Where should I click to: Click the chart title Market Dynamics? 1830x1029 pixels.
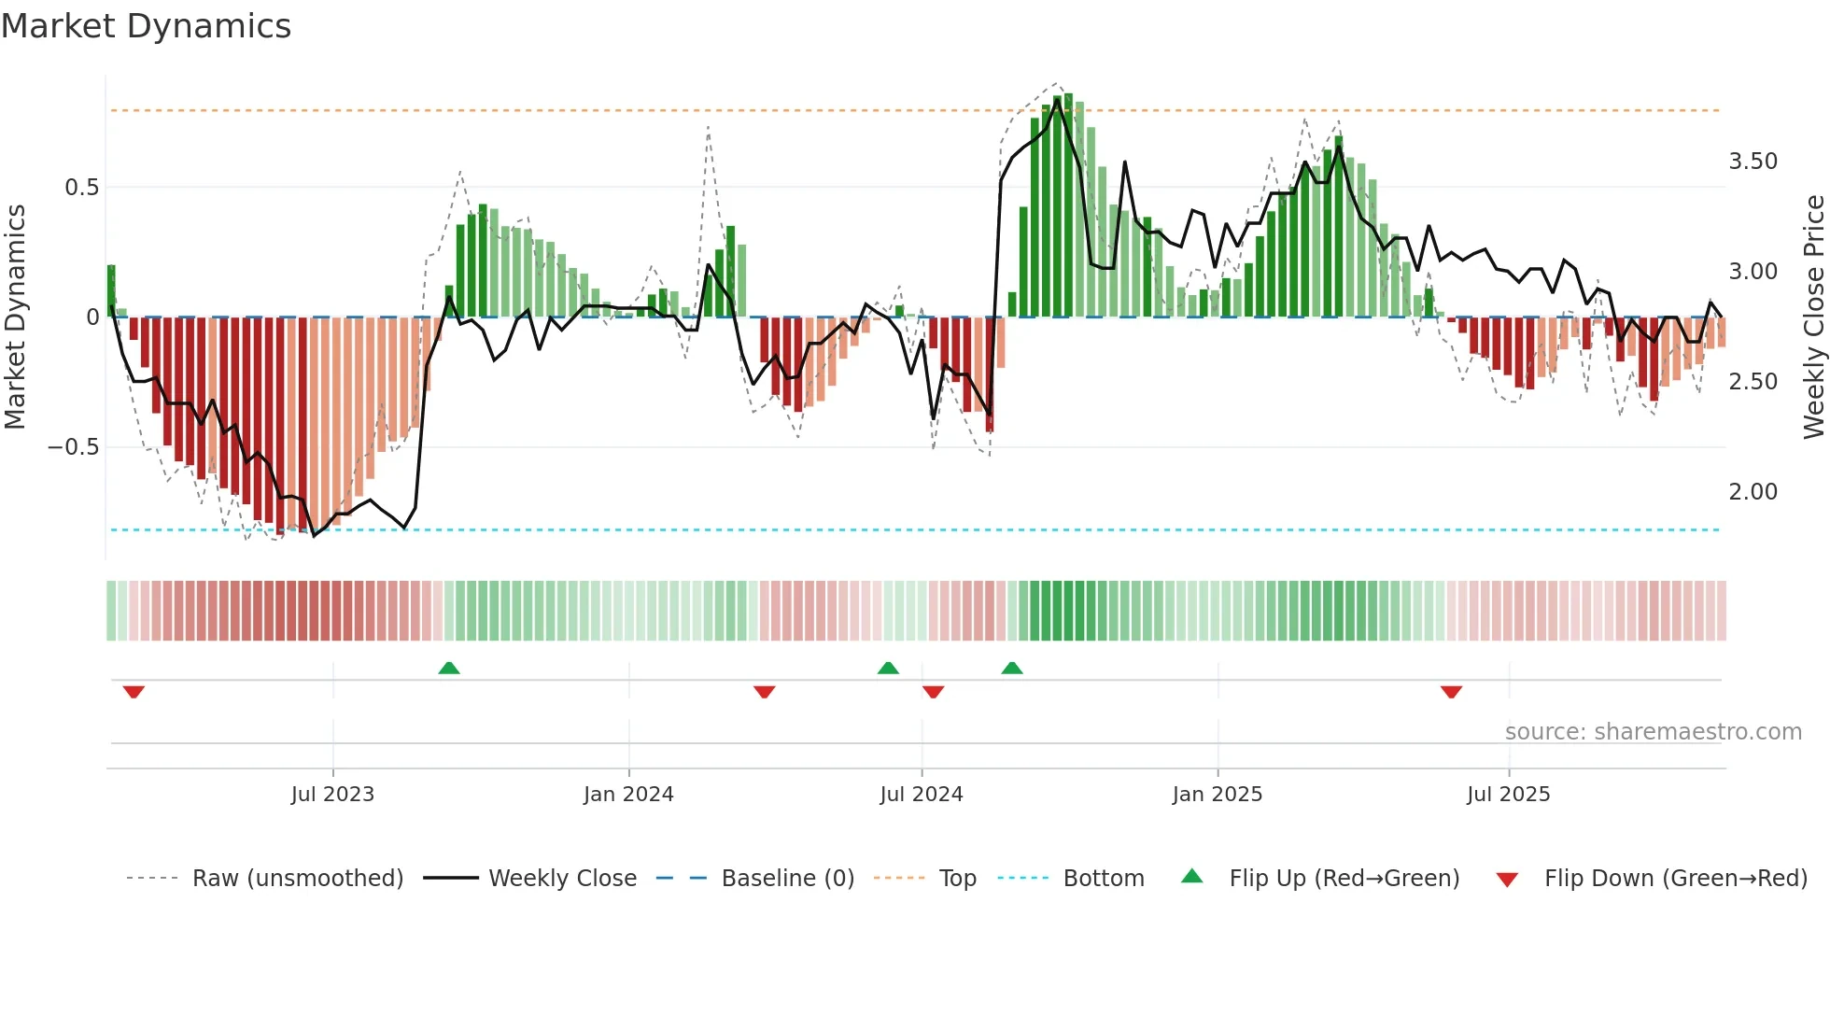(146, 26)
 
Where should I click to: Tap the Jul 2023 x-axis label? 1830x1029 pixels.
(332, 795)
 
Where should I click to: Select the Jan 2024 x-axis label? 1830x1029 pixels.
(628, 795)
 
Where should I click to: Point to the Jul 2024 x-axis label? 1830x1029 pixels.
(921, 795)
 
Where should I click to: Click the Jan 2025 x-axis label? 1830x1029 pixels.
(1218, 795)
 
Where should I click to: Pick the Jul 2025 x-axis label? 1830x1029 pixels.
(1508, 795)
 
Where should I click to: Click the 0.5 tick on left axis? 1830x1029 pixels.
(81, 188)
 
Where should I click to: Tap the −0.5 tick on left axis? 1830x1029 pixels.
(73, 447)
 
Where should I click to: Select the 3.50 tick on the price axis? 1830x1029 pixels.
(1753, 162)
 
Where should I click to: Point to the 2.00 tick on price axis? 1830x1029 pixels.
(1753, 492)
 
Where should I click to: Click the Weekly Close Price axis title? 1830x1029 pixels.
(1813, 317)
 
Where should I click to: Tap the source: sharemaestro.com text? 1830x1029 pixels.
(1653, 732)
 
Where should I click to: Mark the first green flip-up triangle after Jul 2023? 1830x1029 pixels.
(449, 668)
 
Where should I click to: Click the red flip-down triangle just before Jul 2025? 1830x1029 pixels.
(1451, 692)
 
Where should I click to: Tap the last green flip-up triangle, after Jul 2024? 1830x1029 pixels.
(1012, 668)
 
